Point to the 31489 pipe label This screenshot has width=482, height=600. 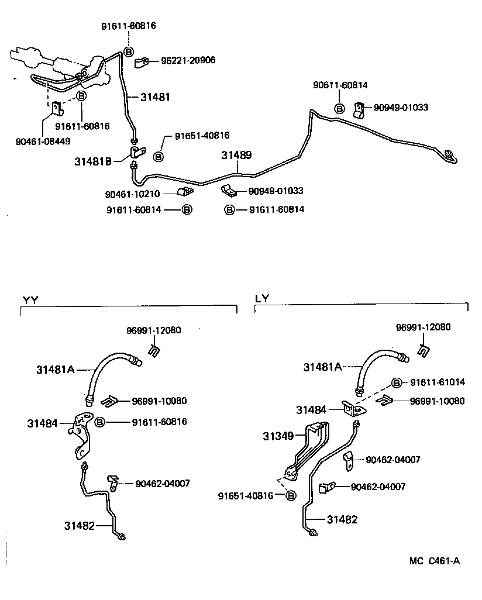[236, 155]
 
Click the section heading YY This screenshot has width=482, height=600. [30, 300]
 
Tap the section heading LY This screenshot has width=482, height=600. [261, 298]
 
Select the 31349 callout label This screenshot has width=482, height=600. [278, 436]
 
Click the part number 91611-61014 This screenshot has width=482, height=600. [437, 382]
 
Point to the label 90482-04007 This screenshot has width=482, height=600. [393, 460]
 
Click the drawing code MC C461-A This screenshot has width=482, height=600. [434, 561]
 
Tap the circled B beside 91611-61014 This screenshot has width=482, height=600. [397, 382]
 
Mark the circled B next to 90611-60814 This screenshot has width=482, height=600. [339, 108]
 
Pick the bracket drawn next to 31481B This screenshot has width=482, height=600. [137, 154]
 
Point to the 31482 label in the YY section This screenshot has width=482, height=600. [80, 525]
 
